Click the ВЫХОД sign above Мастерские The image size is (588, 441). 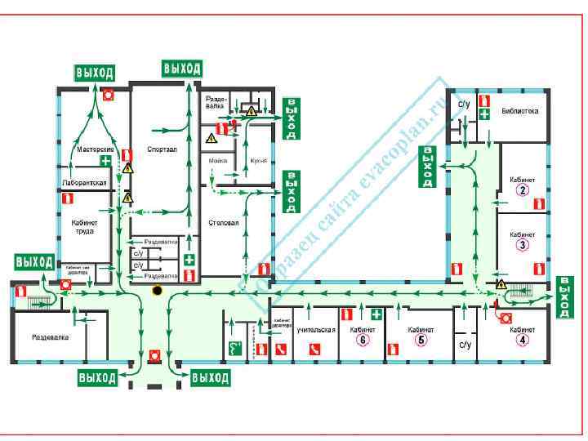click(95, 73)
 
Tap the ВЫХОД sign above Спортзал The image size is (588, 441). click(182, 68)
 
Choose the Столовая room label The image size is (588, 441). click(223, 222)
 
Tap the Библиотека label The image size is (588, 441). click(519, 110)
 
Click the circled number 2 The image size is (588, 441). click(522, 191)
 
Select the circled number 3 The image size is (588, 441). click(522, 244)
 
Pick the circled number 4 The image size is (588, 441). click(522, 341)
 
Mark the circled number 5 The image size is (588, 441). click(421, 341)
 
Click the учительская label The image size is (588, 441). click(316, 330)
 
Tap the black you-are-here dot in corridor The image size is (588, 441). click(157, 290)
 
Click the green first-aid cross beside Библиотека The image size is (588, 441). click(484, 114)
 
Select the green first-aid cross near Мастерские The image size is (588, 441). click(105, 161)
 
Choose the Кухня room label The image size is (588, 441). click(259, 161)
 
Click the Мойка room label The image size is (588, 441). click(218, 161)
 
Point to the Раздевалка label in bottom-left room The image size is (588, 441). click(50, 336)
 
